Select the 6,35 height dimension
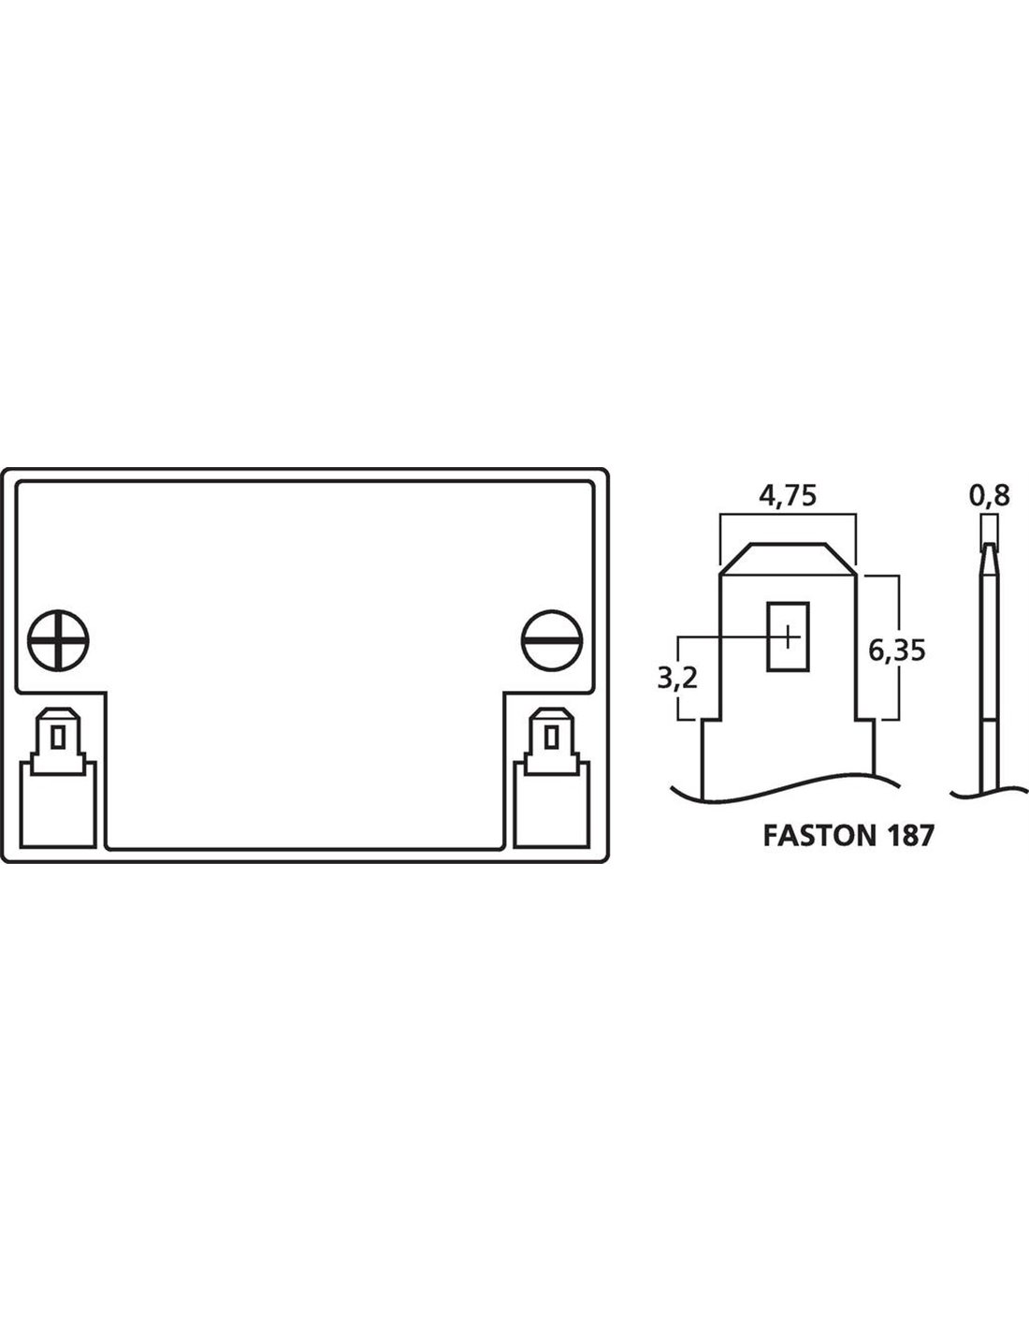click(897, 651)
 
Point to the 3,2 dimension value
click(677, 678)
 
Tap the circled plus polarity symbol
click(58, 640)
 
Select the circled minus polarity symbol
click(552, 640)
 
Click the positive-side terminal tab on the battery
click(58, 741)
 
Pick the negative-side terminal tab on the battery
click(552, 741)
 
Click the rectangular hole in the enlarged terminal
click(788, 636)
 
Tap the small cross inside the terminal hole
click(790, 637)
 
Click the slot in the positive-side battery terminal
click(58, 737)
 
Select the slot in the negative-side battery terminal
click(552, 737)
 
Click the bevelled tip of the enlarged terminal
click(788, 559)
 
